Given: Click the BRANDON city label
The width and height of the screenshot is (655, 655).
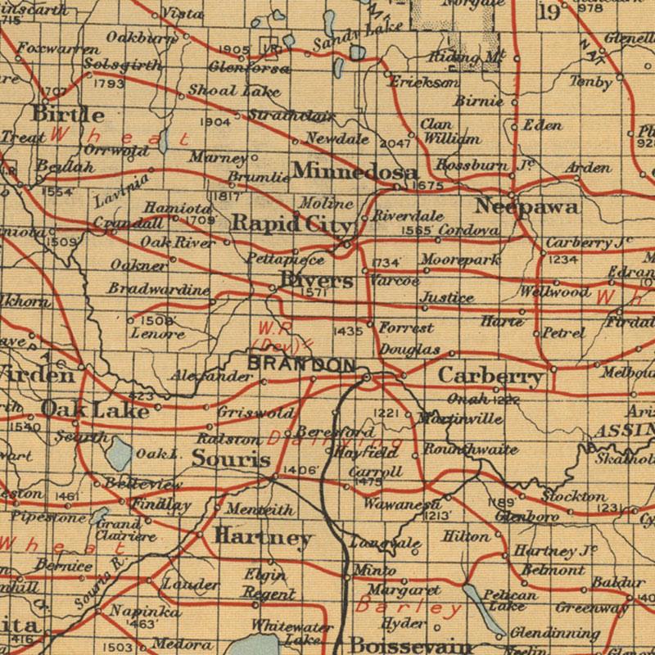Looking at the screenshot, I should click(x=301, y=364).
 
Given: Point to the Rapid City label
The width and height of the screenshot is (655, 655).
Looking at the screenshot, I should click(x=291, y=223).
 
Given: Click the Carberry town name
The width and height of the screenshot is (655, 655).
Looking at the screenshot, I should click(x=490, y=376).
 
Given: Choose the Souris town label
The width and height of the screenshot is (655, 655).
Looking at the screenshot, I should click(x=231, y=458).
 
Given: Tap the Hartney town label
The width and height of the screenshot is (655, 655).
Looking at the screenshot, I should click(x=263, y=537).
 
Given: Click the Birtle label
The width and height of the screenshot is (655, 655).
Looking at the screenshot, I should click(x=68, y=114).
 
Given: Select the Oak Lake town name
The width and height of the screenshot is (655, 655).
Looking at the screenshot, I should click(x=95, y=409).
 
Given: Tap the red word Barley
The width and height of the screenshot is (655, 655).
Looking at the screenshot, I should click(x=409, y=608).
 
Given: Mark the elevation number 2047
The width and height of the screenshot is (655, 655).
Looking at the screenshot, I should click(x=395, y=143).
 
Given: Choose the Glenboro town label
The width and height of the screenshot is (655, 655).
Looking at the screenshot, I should click(x=526, y=517).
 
